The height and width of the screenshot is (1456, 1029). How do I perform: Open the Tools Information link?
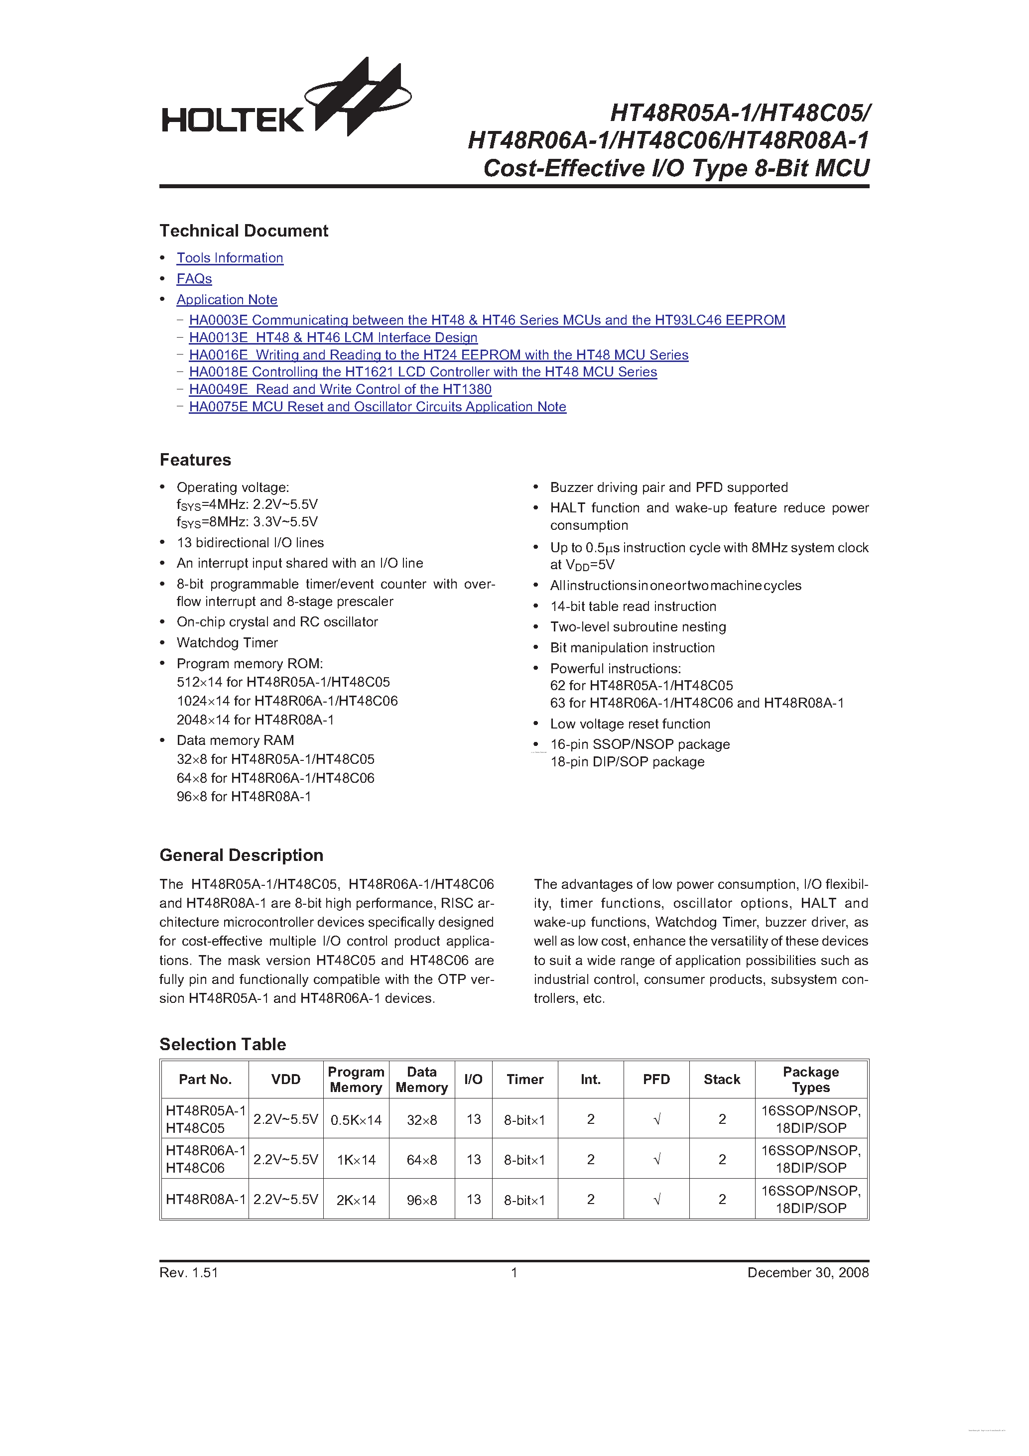tap(230, 258)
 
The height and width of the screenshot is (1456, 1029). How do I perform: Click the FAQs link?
tap(194, 279)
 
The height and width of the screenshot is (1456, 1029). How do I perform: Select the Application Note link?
tap(227, 300)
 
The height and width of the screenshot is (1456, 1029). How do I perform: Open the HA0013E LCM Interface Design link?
tap(333, 338)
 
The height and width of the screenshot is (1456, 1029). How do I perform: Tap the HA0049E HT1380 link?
tap(340, 389)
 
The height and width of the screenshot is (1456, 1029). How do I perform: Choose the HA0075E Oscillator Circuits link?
tap(378, 407)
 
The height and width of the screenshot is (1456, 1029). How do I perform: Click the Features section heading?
tap(195, 460)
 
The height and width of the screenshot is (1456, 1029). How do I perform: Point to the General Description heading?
tap(241, 855)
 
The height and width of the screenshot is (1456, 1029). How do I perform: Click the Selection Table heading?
tap(223, 1044)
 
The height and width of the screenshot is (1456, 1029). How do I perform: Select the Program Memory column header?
tap(356, 1080)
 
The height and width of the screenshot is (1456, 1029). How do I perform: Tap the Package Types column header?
tap(811, 1080)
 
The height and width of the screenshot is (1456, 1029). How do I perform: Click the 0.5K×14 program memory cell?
tap(356, 1120)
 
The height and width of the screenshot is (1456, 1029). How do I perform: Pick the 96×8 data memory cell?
tap(422, 1200)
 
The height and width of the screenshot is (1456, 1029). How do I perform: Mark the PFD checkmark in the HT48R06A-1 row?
tap(656, 1160)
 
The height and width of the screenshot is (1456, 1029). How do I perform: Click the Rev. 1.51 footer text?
tap(189, 1273)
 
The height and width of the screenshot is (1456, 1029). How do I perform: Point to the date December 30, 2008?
tap(807, 1273)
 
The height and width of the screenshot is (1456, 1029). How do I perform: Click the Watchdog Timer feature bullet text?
tap(227, 643)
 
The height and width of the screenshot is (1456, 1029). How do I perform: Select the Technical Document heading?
tap(244, 231)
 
